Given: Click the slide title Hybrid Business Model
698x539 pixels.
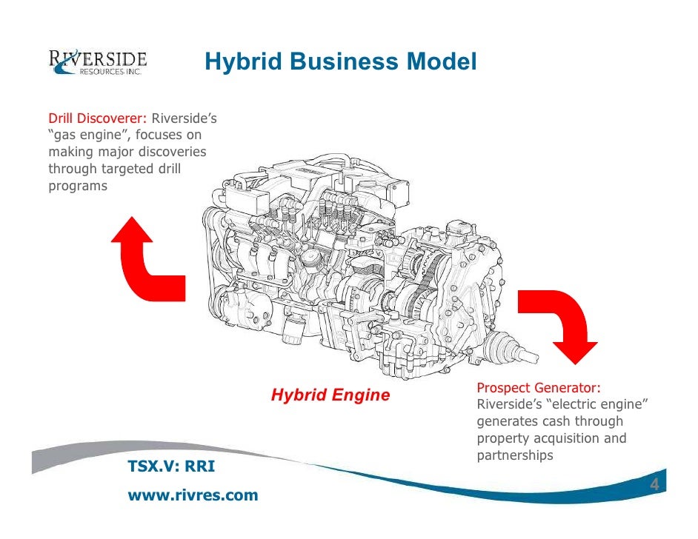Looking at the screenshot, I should click(341, 63).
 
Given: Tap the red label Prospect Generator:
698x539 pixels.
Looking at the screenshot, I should click(539, 389).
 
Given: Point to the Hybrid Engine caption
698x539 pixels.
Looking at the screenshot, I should click(330, 395).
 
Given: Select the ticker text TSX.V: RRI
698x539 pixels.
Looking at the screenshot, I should click(172, 466).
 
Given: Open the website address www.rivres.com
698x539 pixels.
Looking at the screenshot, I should click(193, 495).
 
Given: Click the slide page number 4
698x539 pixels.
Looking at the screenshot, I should click(654, 485).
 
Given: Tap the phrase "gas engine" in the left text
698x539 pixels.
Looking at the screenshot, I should click(89, 135).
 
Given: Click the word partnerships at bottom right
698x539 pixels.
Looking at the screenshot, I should click(515, 455).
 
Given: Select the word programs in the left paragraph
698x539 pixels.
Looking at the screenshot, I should click(78, 187).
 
